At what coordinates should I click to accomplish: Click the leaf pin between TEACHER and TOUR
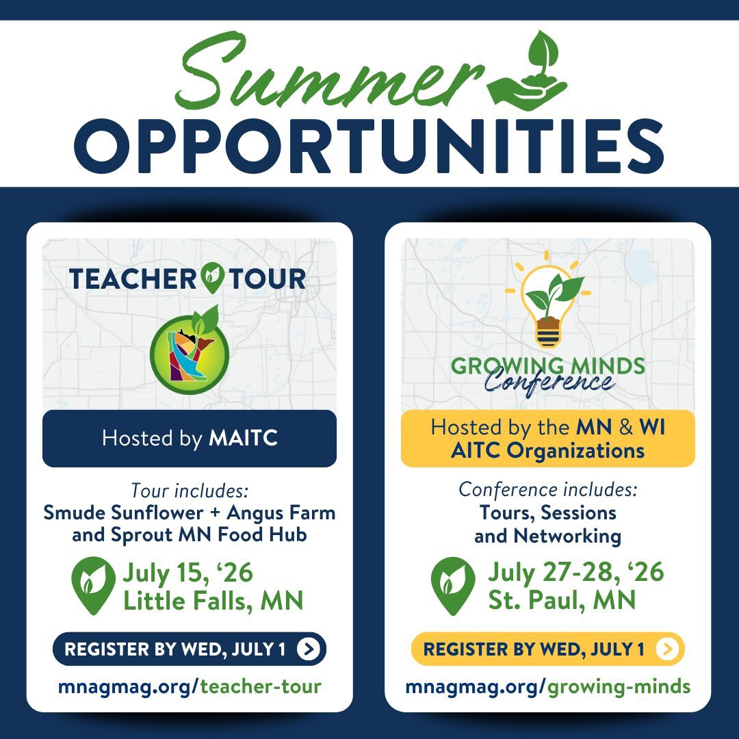213,279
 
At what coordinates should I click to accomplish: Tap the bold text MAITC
243,439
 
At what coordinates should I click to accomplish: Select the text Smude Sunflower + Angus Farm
190,512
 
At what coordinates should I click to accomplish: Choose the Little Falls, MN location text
213,601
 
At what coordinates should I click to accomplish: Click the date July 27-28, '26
575,572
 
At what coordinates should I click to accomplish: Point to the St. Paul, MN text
562,601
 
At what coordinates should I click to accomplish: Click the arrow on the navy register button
309,649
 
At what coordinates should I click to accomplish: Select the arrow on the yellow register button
667,649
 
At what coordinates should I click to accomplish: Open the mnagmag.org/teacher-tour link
190,686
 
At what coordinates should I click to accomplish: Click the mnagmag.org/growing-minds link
547,686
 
